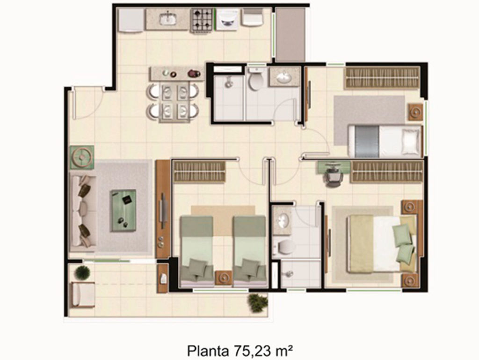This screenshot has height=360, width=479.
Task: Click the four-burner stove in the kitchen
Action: click(x=202, y=20)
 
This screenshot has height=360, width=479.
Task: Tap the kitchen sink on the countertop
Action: click(x=168, y=18)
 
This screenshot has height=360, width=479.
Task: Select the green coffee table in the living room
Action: click(x=123, y=211)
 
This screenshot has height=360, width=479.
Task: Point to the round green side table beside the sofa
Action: click(x=81, y=157)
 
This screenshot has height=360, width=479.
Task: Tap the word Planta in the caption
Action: click(x=208, y=351)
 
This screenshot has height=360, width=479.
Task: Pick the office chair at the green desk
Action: click(x=333, y=176)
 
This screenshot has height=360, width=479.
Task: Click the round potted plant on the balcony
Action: click(x=82, y=272)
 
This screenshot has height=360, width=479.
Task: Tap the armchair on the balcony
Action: click(x=82, y=294)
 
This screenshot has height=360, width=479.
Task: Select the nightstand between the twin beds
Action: click(x=224, y=278)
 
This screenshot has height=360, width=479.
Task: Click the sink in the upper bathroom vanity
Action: click(x=283, y=77)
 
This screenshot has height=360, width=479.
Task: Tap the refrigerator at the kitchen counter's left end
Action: click(x=131, y=20)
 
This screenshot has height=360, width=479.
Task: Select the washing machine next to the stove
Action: click(x=227, y=19)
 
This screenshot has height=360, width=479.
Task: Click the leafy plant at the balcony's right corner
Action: click(x=258, y=303)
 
